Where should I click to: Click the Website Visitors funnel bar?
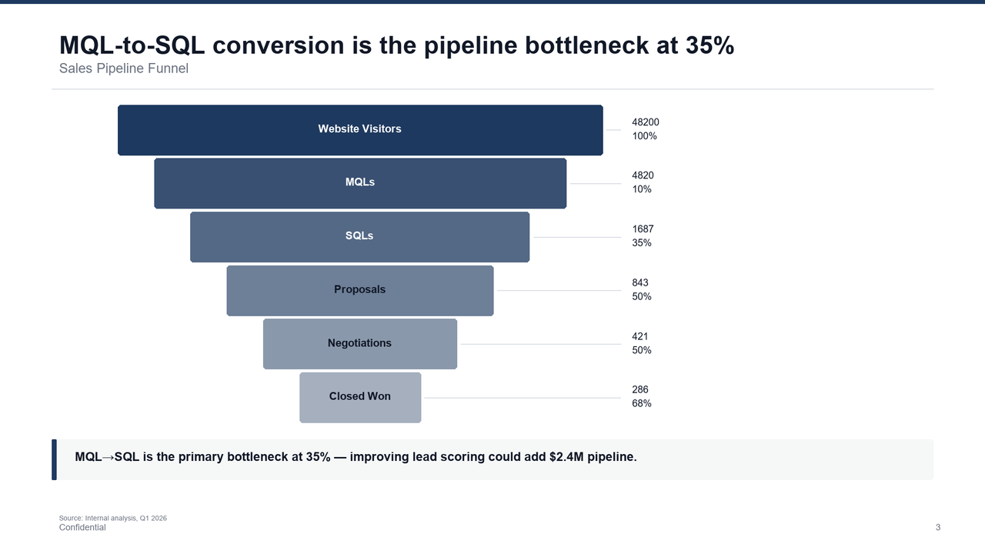(359, 130)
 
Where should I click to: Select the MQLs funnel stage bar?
(359, 183)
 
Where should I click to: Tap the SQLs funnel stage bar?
(359, 237)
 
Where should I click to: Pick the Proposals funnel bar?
(359, 290)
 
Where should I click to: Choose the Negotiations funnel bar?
(359, 344)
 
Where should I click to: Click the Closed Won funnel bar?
(359, 397)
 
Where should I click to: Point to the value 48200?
(645, 122)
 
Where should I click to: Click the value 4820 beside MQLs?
(643, 175)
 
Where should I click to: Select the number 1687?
(643, 229)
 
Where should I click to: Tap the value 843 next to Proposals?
(640, 283)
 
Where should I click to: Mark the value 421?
(640, 336)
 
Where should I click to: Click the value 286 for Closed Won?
(640, 390)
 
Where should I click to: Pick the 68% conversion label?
(642, 403)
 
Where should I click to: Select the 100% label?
(644, 136)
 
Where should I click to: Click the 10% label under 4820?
(642, 189)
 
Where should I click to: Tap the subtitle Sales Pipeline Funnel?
(124, 68)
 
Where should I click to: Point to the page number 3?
(937, 527)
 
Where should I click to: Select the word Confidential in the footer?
(82, 528)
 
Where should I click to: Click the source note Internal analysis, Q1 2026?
(113, 518)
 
